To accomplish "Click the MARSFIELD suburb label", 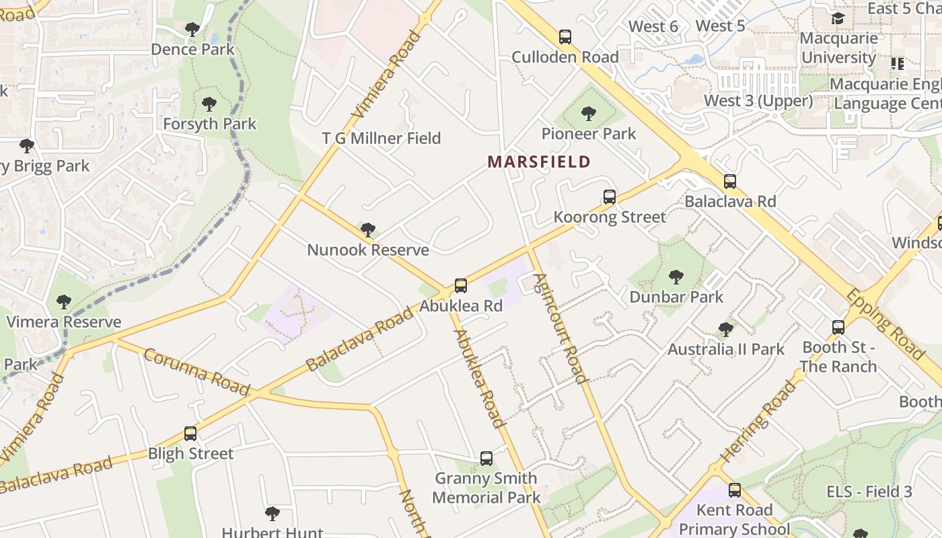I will pos(539,162).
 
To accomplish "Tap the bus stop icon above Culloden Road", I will pos(565,37).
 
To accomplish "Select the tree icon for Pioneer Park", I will pos(589,114).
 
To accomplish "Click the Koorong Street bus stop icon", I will pos(610,197).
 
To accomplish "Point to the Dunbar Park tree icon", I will pos(676,276).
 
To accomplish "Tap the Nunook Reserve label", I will pos(368,250).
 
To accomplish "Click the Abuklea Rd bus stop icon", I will pos(461,286).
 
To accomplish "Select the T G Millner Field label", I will pos(382,139).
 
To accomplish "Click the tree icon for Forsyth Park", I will pos(209,104).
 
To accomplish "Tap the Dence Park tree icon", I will pos(192,30).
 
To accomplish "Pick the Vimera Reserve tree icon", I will pos(64,302).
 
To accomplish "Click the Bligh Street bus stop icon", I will pos(190,434).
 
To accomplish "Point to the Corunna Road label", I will pos(196,372).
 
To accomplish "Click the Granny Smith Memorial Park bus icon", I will pos(486,459).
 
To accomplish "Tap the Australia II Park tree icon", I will pos(725,330).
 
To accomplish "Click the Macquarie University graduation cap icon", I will pos(838,18).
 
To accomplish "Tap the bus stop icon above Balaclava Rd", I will pos(730,182).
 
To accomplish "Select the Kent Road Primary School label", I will pos(734,519).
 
